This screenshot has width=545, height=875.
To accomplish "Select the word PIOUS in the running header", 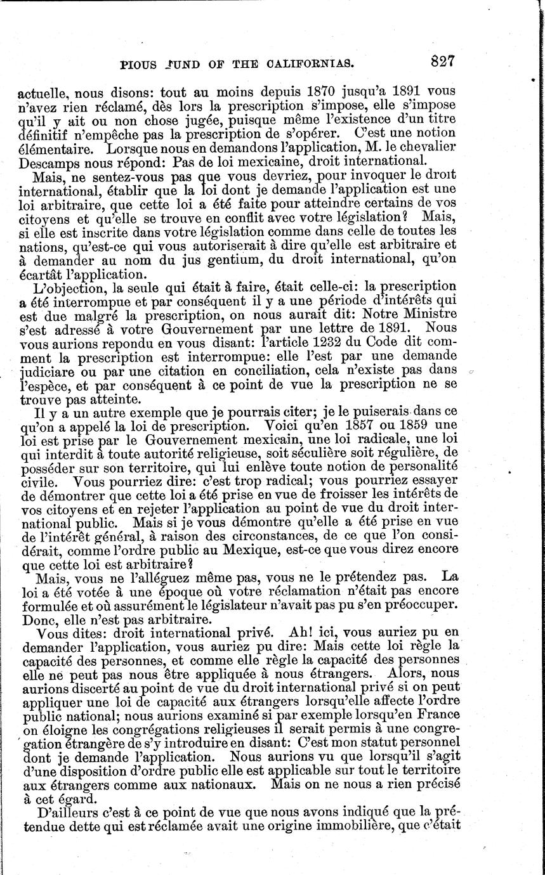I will (141, 63).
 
